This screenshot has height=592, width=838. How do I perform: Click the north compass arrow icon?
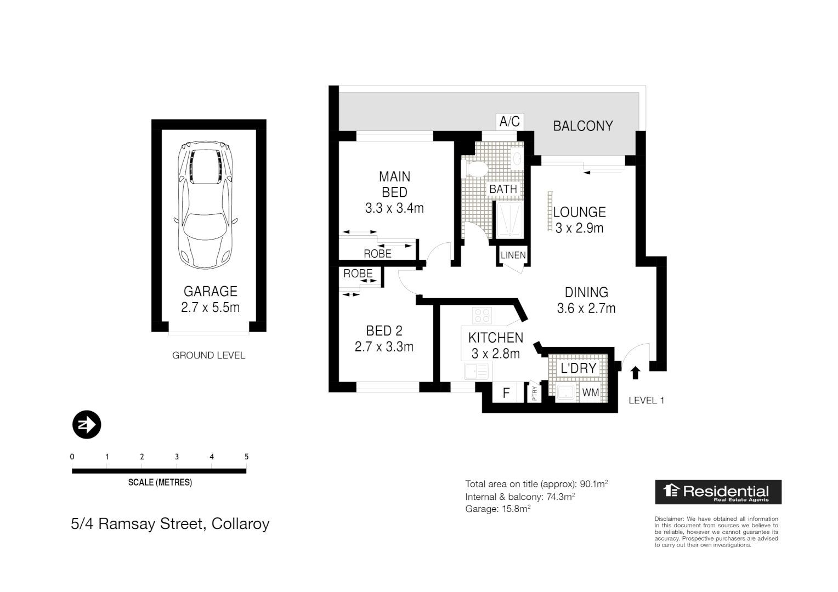(x=87, y=424)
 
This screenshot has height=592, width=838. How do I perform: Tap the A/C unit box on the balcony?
(x=509, y=121)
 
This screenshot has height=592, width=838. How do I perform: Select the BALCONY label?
(x=582, y=126)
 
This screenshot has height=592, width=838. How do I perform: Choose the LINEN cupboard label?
(x=513, y=255)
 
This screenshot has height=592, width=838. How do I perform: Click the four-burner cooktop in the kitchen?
(x=482, y=315)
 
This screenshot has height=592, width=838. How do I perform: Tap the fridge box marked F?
(x=506, y=393)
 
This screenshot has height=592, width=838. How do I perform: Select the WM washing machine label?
(x=590, y=392)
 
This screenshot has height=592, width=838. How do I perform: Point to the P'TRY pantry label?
(x=535, y=393)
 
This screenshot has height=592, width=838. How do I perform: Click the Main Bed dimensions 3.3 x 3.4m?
(x=394, y=208)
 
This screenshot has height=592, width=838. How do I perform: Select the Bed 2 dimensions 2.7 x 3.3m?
(x=384, y=347)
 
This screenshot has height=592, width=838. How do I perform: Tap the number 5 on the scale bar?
(x=246, y=457)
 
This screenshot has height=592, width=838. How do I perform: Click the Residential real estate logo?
(x=718, y=492)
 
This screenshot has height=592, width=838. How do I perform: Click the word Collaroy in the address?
(x=240, y=524)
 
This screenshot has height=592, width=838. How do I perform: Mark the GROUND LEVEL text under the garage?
(x=208, y=355)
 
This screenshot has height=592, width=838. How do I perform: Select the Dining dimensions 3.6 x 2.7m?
(x=586, y=309)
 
